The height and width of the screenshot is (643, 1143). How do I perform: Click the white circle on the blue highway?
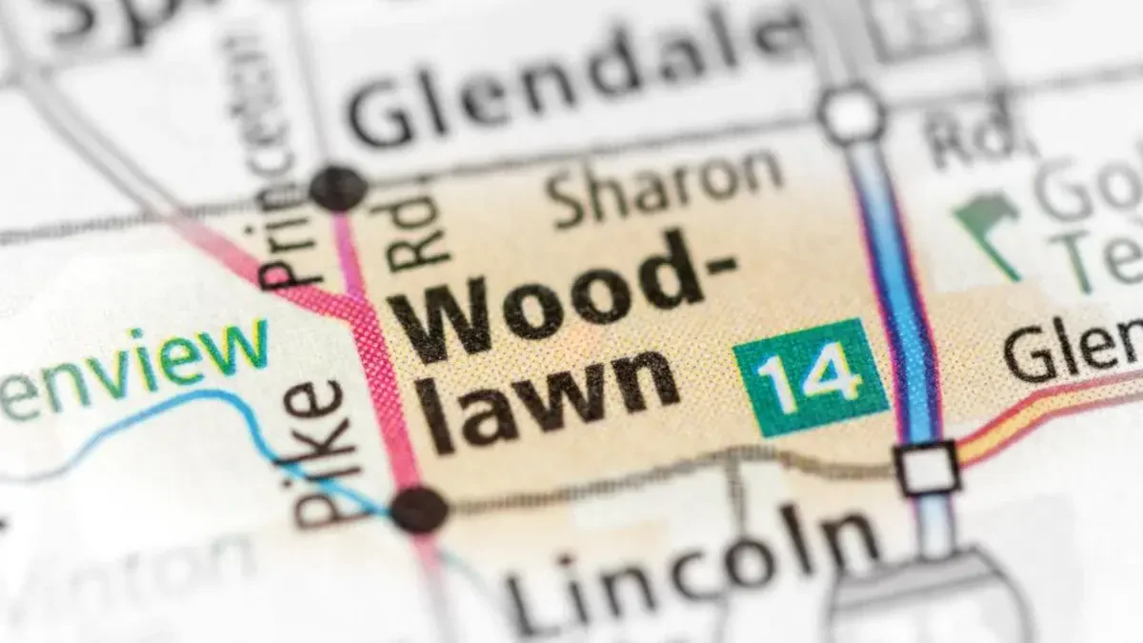click(x=852, y=114)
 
